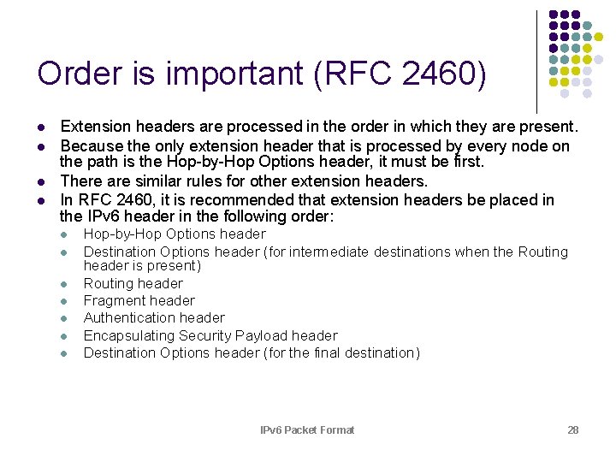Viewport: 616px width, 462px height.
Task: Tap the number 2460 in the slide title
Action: tap(434, 74)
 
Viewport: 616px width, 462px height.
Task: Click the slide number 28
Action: tap(573, 429)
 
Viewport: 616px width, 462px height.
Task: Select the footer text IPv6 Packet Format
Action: tap(307, 429)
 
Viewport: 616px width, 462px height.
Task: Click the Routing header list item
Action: tap(133, 283)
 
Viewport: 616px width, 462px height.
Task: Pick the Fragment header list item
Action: tap(139, 300)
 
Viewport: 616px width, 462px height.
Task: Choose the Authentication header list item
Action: tap(154, 317)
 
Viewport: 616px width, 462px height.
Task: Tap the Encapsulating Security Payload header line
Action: tap(210, 335)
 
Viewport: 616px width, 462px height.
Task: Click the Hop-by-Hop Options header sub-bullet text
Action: tap(175, 234)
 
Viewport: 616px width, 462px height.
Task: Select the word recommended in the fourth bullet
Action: tap(273, 199)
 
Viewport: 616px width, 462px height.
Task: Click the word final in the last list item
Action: tap(329, 352)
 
